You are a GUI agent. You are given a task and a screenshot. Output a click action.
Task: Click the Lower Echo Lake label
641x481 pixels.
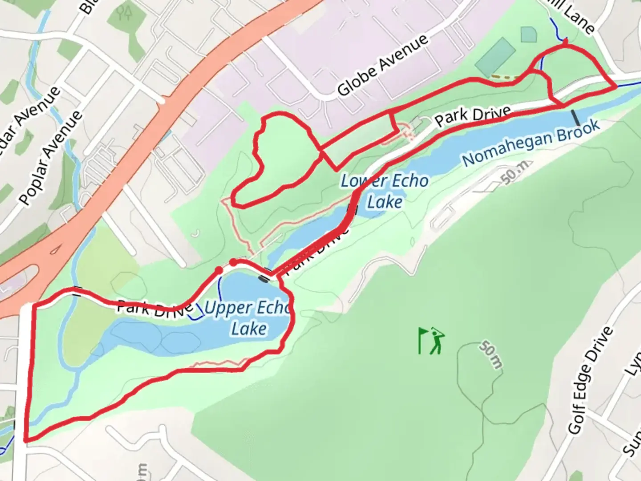385,191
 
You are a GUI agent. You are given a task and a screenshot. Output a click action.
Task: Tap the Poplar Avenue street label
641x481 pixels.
51,158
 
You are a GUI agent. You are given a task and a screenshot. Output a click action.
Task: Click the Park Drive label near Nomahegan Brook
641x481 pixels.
472,114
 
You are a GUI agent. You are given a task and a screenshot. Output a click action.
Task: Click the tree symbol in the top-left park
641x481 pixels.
126,13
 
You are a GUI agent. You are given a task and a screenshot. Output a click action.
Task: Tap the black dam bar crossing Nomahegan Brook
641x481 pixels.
576,117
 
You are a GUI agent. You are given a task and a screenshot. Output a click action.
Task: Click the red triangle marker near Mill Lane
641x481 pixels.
565,42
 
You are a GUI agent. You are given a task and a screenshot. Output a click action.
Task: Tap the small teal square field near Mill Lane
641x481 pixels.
528,34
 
